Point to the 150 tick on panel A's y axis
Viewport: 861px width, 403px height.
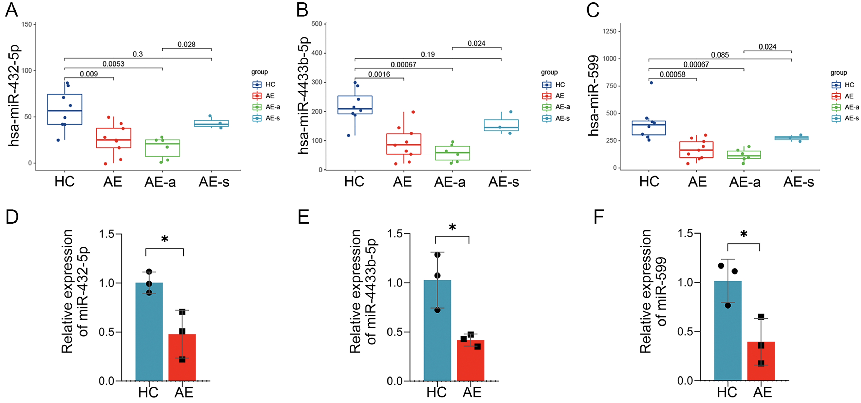pos(27,24)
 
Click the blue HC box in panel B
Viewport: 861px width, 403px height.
pos(355,105)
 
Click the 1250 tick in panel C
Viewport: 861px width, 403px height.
pos(609,31)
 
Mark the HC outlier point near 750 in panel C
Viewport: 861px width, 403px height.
pos(651,83)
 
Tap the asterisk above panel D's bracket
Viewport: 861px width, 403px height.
pos(164,239)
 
